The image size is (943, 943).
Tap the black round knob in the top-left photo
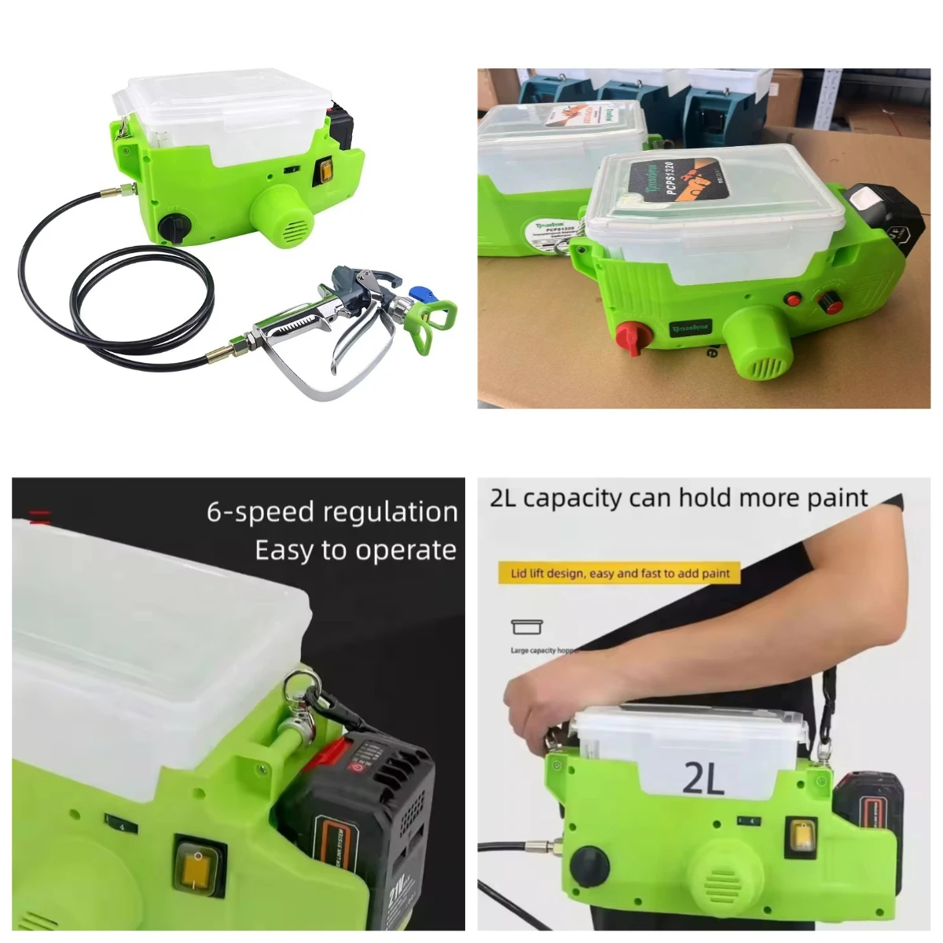click(x=170, y=226)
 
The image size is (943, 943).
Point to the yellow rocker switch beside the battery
click(x=200, y=858)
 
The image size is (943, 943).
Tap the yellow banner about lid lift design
click(x=620, y=574)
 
